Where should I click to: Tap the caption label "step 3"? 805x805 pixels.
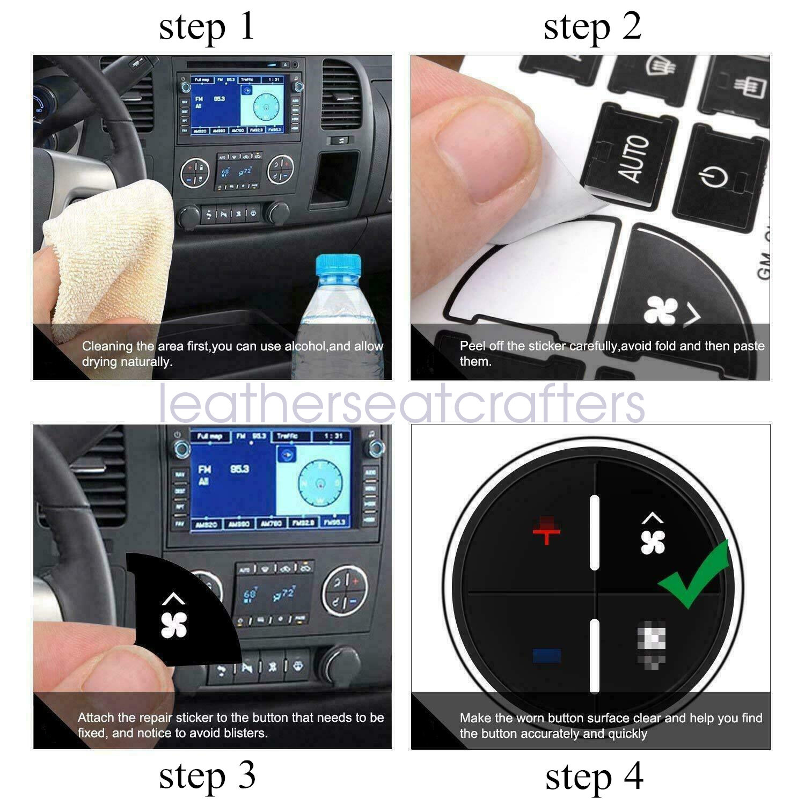(x=207, y=776)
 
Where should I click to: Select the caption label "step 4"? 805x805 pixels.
(x=594, y=777)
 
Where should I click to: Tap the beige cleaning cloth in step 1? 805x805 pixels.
(x=107, y=258)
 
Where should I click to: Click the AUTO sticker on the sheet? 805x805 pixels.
(x=634, y=158)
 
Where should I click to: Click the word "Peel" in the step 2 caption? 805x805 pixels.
(x=471, y=346)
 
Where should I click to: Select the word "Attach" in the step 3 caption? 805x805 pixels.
(x=96, y=718)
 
